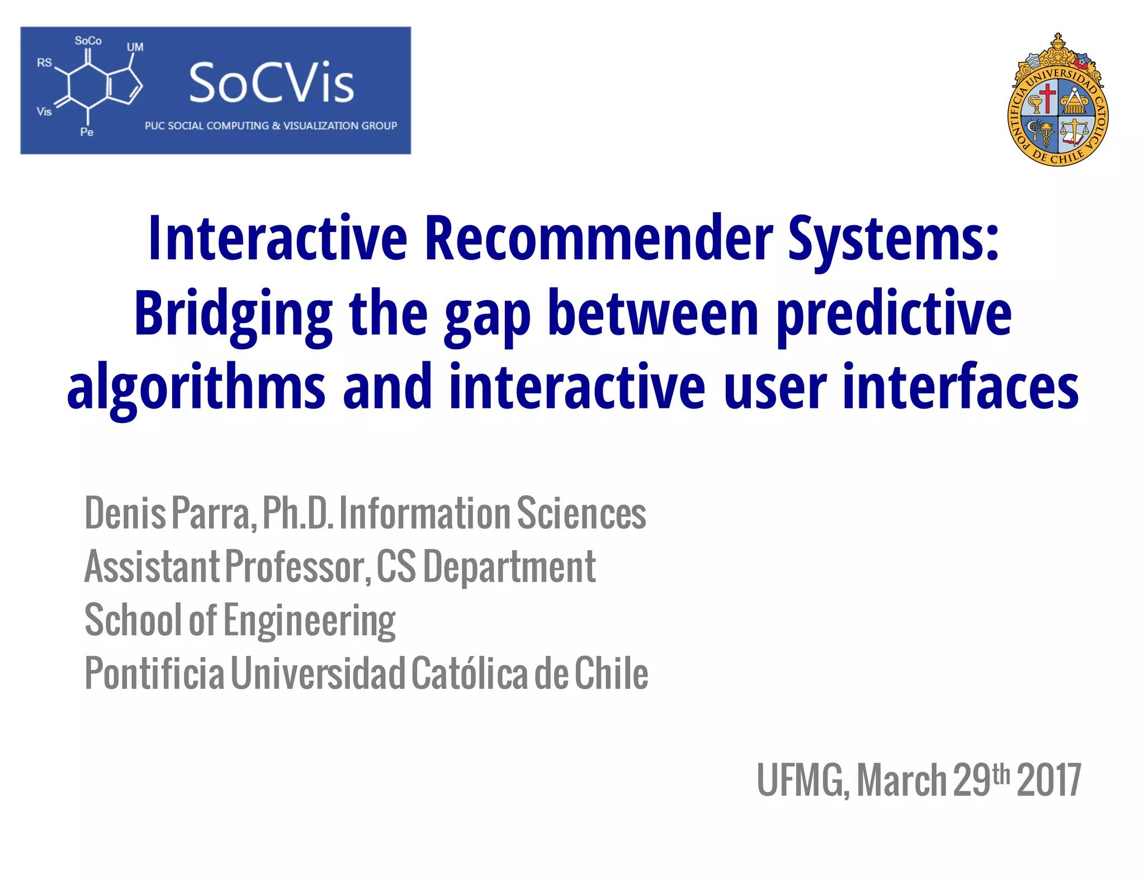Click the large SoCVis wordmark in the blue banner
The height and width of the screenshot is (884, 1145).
272,84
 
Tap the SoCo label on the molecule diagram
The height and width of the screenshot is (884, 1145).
88,41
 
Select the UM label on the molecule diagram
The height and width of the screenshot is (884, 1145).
135,47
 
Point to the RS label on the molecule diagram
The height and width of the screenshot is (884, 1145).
44,63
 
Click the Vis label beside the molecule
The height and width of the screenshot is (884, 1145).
44,112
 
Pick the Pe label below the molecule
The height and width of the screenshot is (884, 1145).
87,132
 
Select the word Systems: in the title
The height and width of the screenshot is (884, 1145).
893,239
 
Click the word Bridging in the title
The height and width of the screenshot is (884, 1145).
233,314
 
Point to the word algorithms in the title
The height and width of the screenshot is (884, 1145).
196,388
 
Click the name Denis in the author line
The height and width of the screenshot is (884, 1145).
125,513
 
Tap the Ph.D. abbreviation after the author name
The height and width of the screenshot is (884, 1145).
297,513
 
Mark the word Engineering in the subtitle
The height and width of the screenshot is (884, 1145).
309,620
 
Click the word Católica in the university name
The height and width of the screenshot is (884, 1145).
470,673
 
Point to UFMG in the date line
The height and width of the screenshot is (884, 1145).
802,780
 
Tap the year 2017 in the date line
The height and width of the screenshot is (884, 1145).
1049,780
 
